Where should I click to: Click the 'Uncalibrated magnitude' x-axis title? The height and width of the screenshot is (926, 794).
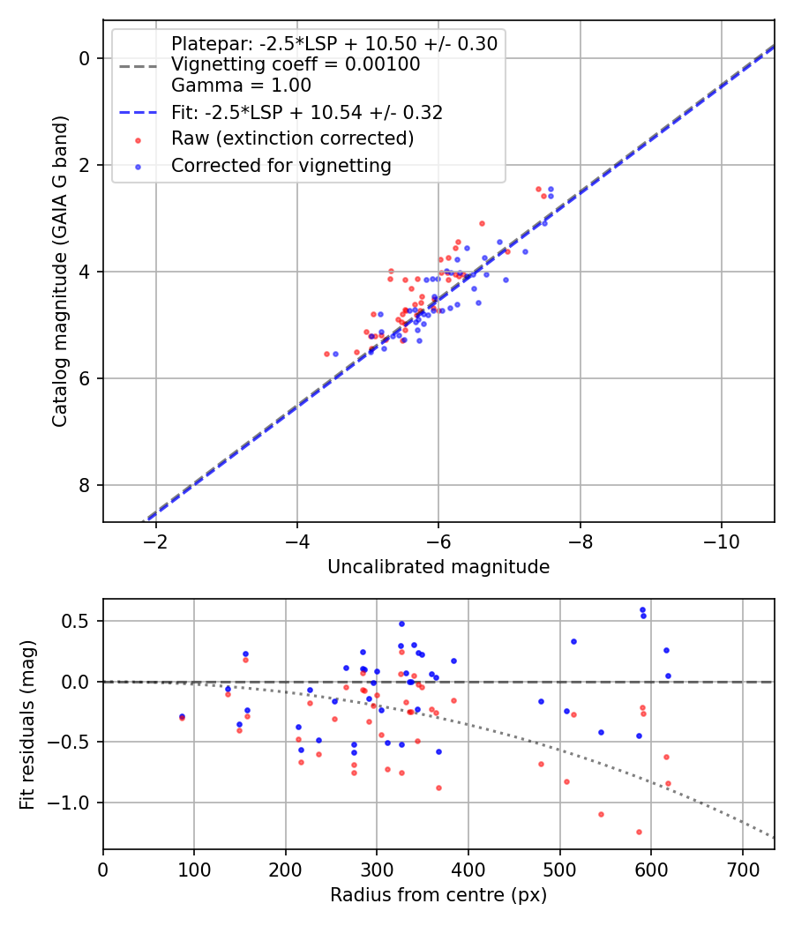coord(438,567)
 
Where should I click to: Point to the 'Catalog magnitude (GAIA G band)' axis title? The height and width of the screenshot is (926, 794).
coord(59,272)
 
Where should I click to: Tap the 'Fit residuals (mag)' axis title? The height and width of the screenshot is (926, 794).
coord(27,725)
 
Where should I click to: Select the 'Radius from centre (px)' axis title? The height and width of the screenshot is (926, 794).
coord(438,895)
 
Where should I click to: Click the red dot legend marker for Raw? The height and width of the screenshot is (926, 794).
coord(139,140)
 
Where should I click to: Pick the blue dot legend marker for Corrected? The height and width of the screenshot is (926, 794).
coord(139,168)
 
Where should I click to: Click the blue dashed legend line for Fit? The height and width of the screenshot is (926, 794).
coord(139,112)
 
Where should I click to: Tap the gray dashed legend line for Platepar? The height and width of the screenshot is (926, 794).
coord(139,66)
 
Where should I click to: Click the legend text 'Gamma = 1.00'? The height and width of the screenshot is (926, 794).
coord(241,86)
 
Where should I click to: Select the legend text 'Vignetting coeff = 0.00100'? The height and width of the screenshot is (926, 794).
coord(296,64)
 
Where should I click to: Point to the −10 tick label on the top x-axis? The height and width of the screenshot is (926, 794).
coord(722,541)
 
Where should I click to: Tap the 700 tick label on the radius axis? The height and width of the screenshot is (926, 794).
coord(742,870)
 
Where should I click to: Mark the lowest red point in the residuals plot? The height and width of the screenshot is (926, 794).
coord(639,833)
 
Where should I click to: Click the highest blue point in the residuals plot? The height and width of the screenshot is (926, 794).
coord(643,610)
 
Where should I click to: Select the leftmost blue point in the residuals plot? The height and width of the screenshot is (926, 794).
coord(182,716)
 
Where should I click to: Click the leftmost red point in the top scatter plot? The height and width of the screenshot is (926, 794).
coord(326,354)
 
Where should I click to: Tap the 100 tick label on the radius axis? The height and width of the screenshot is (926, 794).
coord(194,870)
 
